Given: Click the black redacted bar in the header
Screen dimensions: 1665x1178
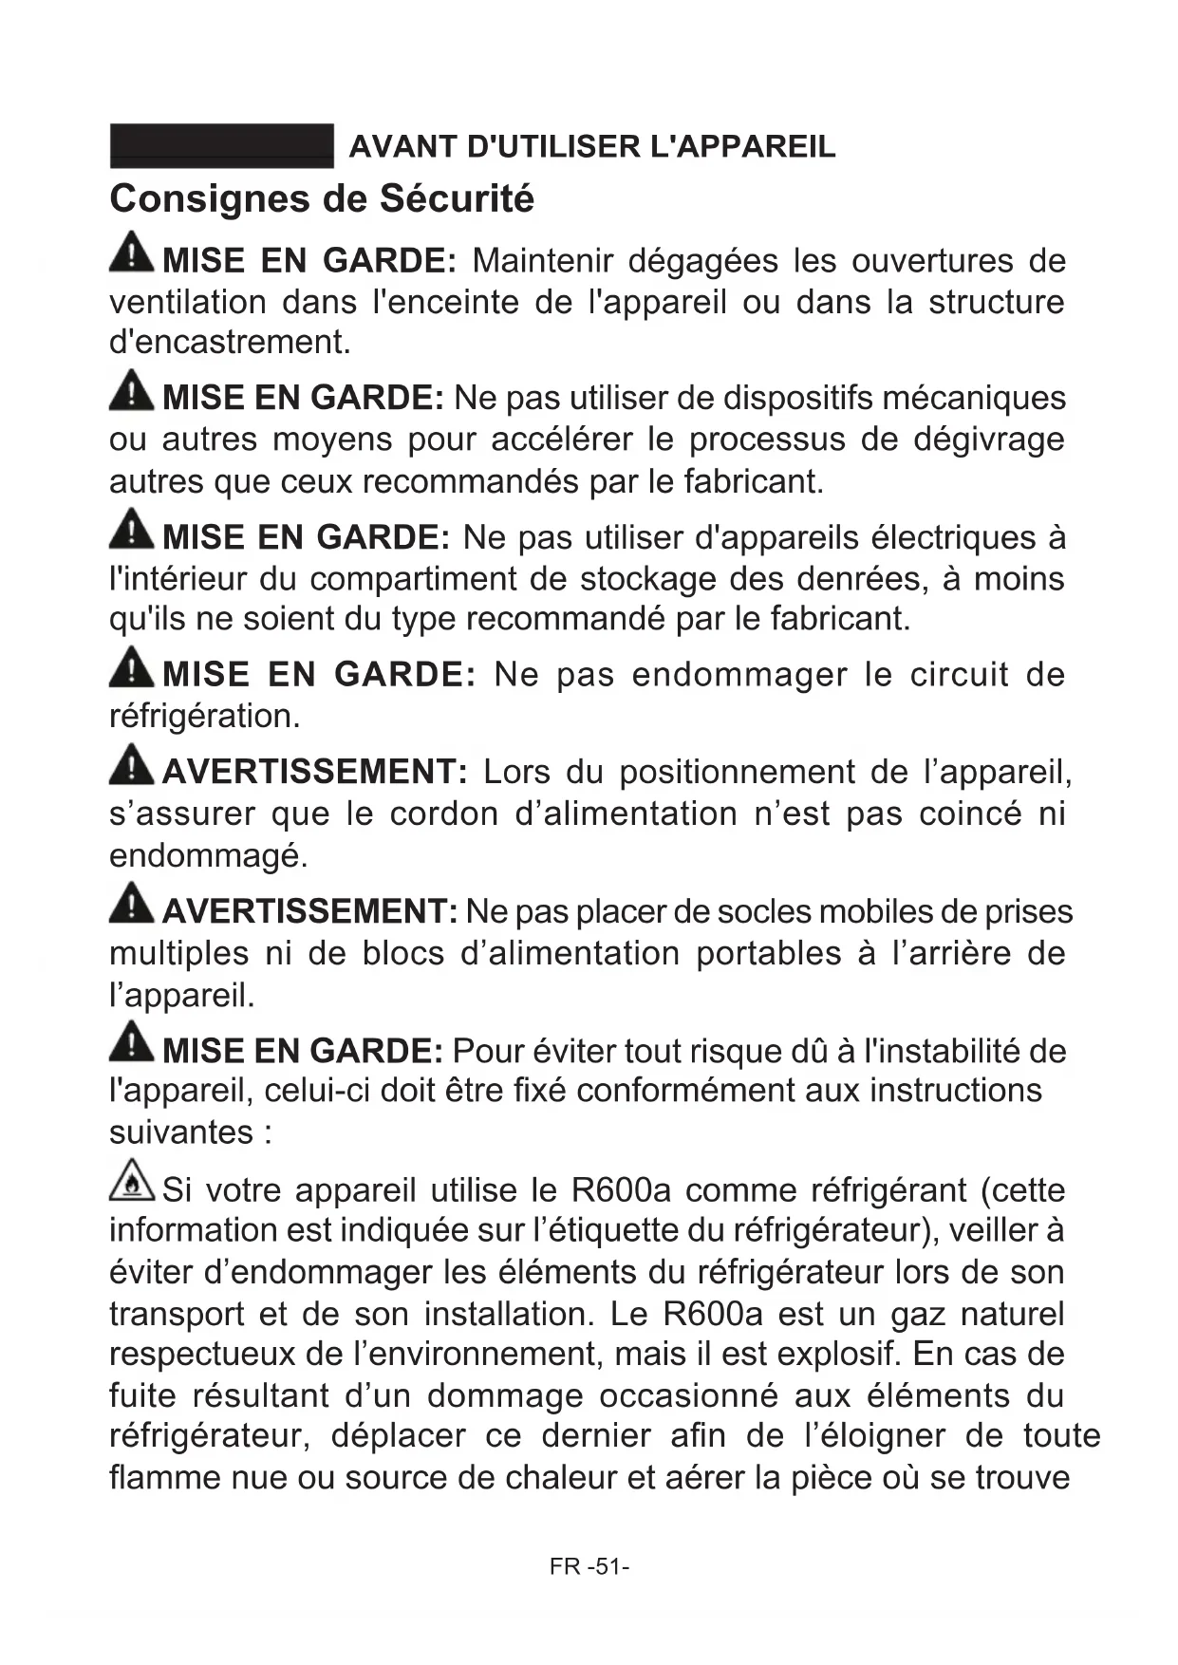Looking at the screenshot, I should (x=221, y=146).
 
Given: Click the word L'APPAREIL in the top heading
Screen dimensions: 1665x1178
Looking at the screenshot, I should (x=743, y=147).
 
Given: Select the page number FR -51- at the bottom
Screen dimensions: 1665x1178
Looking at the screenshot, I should (x=589, y=1566).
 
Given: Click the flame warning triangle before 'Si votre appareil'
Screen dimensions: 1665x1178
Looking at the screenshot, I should (x=131, y=1181).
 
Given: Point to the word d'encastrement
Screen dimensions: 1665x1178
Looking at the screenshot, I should (x=230, y=343).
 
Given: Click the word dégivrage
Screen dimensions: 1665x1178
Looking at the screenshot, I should (x=988, y=440).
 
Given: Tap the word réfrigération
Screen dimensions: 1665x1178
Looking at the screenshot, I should (x=204, y=717).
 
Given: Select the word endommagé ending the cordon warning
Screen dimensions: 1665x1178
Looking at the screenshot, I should (x=208, y=856).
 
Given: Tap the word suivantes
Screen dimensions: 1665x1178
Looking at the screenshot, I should (x=180, y=1132).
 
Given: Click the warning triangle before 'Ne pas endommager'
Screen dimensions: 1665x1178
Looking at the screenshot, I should (x=131, y=666).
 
